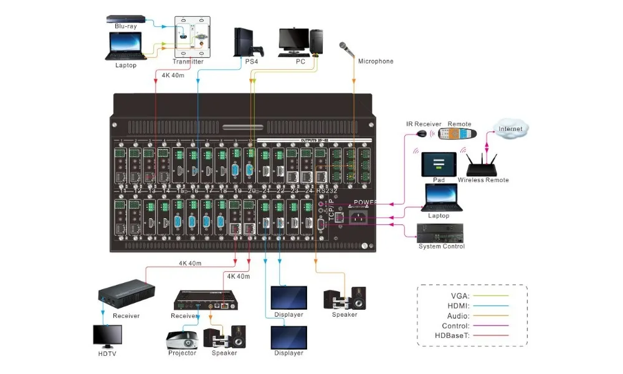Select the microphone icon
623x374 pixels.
345,48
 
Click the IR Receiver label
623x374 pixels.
423,124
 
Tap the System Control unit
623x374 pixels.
441,234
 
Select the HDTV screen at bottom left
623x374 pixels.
107,336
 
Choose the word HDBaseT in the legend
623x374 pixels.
452,336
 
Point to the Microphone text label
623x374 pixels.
376,61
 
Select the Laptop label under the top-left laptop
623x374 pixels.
125,65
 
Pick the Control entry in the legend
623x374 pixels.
457,326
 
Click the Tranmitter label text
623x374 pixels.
192,62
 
